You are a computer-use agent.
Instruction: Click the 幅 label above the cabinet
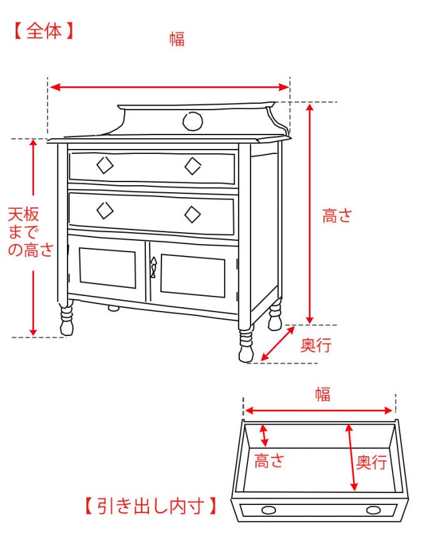click(x=177, y=39)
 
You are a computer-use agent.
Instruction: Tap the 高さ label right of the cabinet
click(x=337, y=217)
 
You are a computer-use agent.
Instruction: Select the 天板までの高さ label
click(x=29, y=233)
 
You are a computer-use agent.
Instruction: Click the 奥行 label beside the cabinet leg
click(x=316, y=345)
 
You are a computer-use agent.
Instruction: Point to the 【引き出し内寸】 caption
click(x=152, y=506)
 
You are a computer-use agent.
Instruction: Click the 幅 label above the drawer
click(x=322, y=394)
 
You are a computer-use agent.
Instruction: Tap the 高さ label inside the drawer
click(x=269, y=461)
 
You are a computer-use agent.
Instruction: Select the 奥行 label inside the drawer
click(x=371, y=462)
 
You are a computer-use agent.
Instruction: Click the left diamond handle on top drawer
click(x=105, y=165)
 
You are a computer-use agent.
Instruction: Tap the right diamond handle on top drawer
click(x=193, y=166)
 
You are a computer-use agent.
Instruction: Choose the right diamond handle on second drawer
click(x=193, y=214)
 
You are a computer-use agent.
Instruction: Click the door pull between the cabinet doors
click(x=153, y=267)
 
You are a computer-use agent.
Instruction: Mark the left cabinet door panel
click(x=108, y=268)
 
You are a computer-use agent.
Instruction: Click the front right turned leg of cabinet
click(x=246, y=345)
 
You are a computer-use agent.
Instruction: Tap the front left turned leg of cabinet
click(x=66, y=320)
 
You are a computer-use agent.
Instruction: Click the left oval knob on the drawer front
click(x=268, y=510)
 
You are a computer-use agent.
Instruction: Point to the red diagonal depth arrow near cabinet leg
click(x=277, y=344)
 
